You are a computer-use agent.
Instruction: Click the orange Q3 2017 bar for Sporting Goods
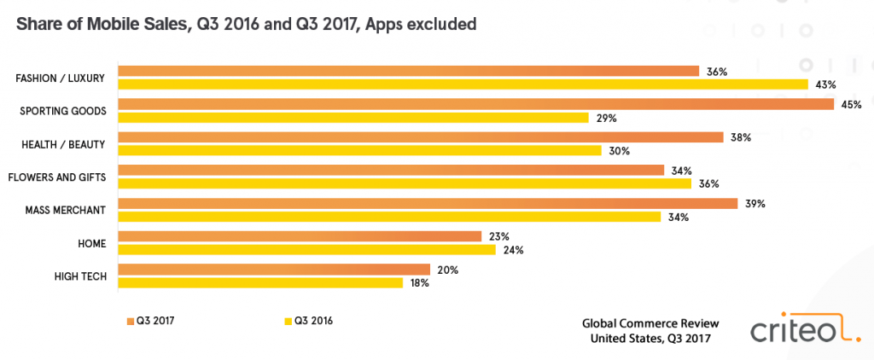475,104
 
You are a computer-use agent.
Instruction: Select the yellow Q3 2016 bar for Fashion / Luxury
463,84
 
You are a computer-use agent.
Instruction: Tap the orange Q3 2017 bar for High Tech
273,270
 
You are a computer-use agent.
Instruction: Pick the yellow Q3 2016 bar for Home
306,250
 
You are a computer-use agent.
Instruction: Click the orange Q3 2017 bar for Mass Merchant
427,204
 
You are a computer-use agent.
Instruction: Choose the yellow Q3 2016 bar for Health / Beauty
358,150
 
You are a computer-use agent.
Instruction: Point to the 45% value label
850,104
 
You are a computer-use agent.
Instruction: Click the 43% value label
825,84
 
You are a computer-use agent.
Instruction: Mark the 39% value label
755,204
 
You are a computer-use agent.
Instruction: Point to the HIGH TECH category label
79,276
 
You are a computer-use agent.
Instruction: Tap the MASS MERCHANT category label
67,210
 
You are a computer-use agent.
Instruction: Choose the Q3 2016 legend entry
307,321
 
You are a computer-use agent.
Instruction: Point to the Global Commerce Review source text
650,323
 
